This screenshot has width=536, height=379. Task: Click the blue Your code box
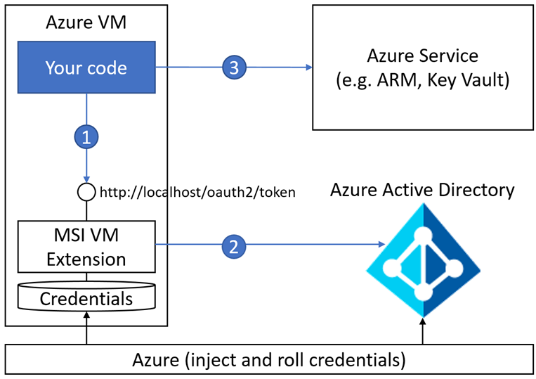pos(86,68)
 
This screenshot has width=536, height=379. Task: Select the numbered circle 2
pos(233,245)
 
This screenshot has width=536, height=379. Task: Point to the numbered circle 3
pos(233,68)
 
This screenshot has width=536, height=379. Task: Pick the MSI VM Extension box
pos(86,246)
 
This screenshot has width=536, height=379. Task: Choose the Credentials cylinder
pos(86,298)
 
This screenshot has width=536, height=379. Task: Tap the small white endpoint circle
pos(86,191)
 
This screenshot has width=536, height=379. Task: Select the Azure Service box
pos(423,67)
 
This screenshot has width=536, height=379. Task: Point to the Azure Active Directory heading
pos(423,190)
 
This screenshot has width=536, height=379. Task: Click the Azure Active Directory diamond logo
pos(422,261)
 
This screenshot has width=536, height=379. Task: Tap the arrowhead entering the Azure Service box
pos(308,68)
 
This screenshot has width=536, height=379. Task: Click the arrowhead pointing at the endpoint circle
pos(86,179)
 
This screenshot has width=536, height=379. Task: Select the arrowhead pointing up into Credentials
pos(86,317)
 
